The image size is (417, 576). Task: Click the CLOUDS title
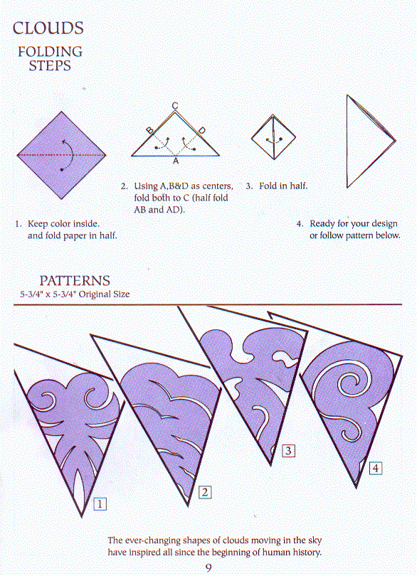click(48, 28)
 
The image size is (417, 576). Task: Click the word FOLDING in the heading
click(50, 51)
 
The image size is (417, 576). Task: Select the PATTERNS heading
click(75, 281)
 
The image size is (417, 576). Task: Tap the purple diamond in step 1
click(61, 156)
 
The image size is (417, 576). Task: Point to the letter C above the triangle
click(175, 106)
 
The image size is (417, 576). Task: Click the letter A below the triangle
click(176, 161)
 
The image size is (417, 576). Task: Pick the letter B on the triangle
click(149, 130)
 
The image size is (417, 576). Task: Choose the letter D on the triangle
click(202, 130)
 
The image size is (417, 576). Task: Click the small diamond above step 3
click(273, 137)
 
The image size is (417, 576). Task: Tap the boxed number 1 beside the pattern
click(100, 503)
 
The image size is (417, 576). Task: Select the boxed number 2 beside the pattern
click(205, 492)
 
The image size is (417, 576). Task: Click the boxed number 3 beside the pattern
click(288, 450)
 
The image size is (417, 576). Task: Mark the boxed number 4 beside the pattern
click(376, 468)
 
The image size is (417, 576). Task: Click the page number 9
click(208, 568)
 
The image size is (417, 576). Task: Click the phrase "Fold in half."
click(283, 186)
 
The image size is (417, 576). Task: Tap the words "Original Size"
click(105, 294)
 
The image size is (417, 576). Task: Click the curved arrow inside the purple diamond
click(70, 154)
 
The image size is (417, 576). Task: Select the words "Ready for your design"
click(354, 224)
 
